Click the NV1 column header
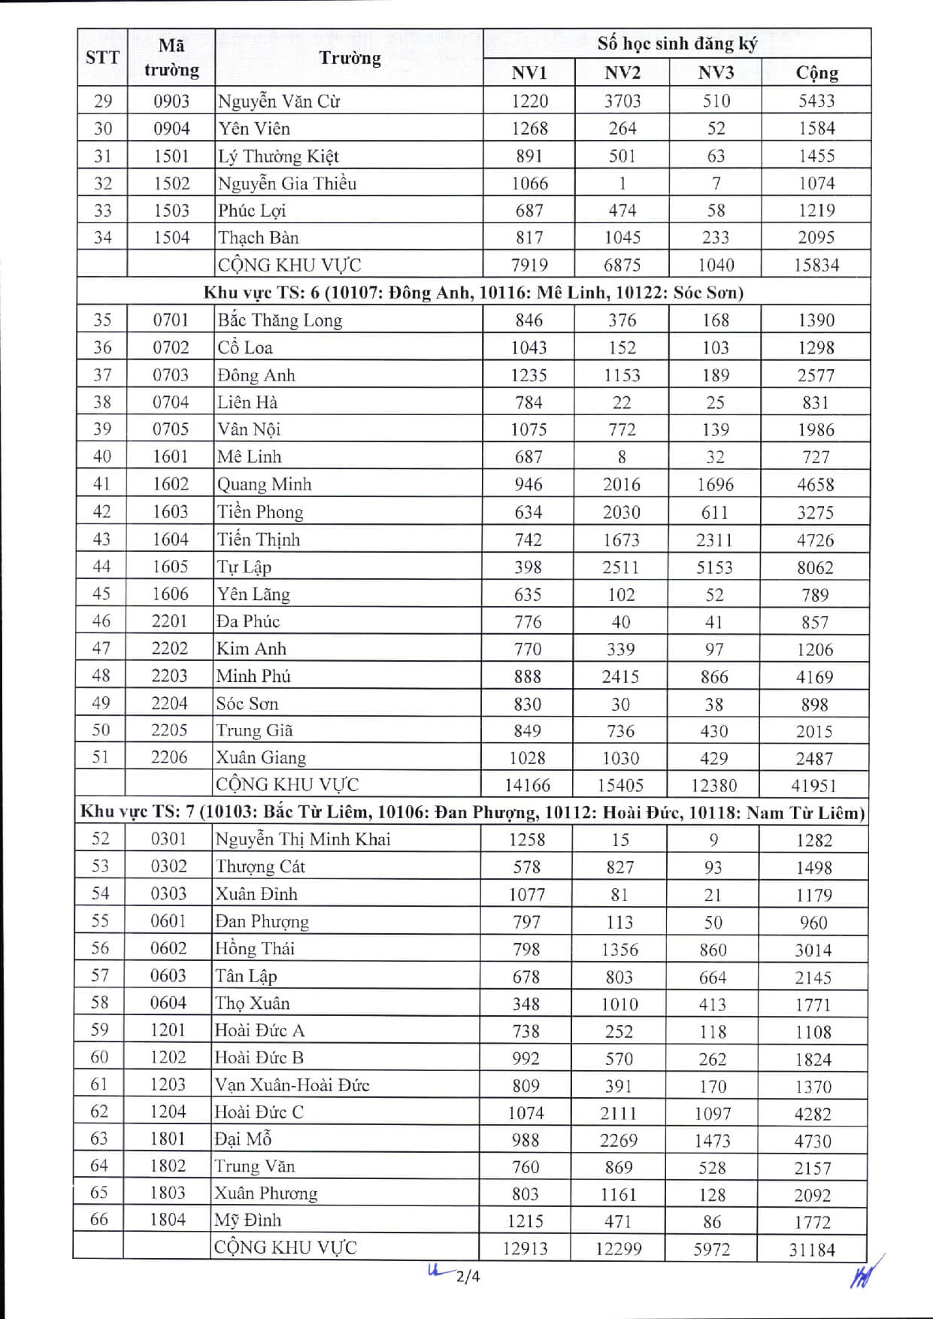pyautogui.click(x=529, y=73)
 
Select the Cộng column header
pyautogui.click(x=816, y=73)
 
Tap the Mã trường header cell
pyautogui.click(x=171, y=58)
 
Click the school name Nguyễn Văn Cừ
pyautogui.click(x=279, y=101)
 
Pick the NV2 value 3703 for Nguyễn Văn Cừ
pyautogui.click(x=623, y=101)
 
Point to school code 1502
pyautogui.click(x=171, y=183)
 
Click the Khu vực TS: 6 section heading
pyautogui.click(x=474, y=292)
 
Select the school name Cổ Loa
pyautogui.click(x=245, y=347)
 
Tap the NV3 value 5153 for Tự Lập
pyautogui.click(x=714, y=567)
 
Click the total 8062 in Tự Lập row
pyautogui.click(x=815, y=567)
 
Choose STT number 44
pyautogui.click(x=101, y=566)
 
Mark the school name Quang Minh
pyautogui.click(x=264, y=484)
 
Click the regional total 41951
pyautogui.click(x=813, y=785)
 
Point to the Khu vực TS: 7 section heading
pyautogui.click(x=472, y=812)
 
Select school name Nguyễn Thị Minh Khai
pyautogui.click(x=303, y=839)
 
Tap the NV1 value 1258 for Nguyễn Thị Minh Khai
pyautogui.click(x=527, y=839)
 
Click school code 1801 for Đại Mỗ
pyautogui.click(x=168, y=1139)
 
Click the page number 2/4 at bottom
pyautogui.click(x=468, y=1276)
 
